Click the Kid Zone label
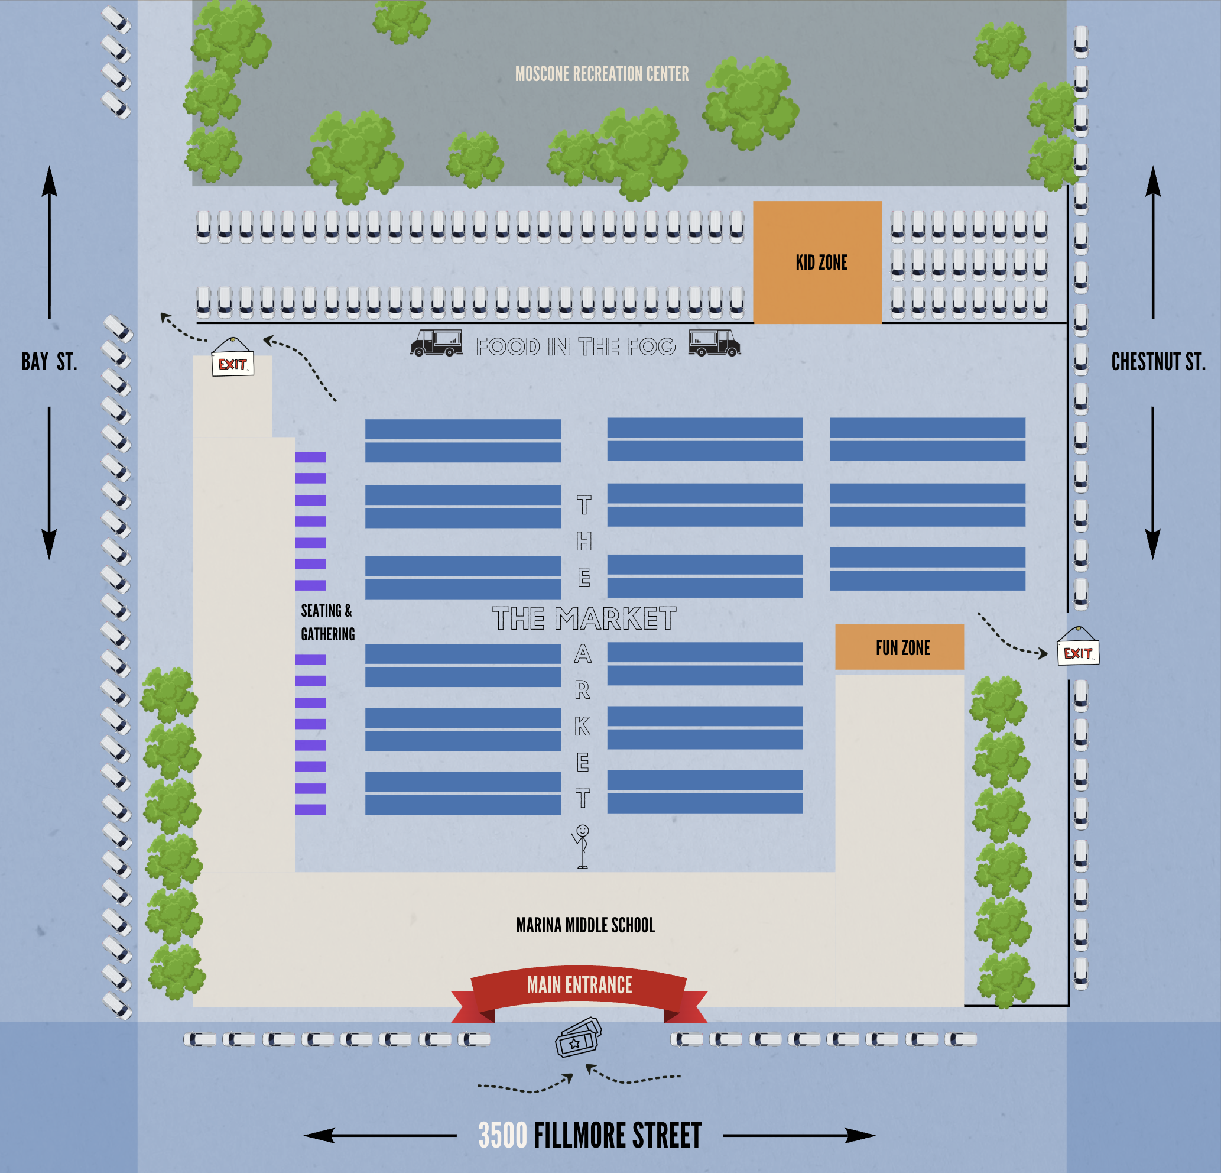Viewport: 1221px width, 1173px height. pyautogui.click(x=821, y=263)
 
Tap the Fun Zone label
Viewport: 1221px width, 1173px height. pyautogui.click(x=902, y=648)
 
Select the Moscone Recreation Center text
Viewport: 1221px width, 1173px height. pyautogui.click(x=602, y=74)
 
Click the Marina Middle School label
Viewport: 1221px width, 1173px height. pyautogui.click(x=585, y=925)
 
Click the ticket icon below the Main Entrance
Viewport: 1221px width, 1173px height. pyautogui.click(x=578, y=1038)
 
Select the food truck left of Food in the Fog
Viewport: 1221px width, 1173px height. pyautogui.click(x=437, y=343)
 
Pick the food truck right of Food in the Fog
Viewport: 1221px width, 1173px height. pyautogui.click(x=714, y=343)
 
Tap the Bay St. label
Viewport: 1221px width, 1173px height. pyautogui.click(x=49, y=362)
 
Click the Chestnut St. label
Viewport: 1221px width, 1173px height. pyautogui.click(x=1157, y=362)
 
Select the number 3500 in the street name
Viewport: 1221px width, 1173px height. pyautogui.click(x=502, y=1136)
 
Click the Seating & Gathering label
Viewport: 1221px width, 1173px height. pyautogui.click(x=327, y=622)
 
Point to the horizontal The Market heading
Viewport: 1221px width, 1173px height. pyautogui.click(x=584, y=619)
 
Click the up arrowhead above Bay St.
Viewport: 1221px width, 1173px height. pyautogui.click(x=49, y=181)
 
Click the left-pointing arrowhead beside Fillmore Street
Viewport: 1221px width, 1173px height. pyautogui.click(x=319, y=1136)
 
